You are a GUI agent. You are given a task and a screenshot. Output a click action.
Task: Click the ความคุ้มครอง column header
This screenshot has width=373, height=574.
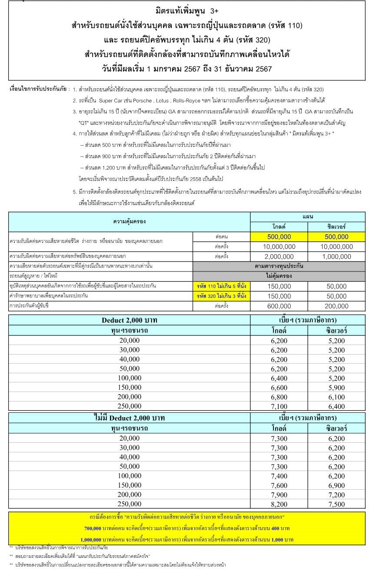tap(129, 221)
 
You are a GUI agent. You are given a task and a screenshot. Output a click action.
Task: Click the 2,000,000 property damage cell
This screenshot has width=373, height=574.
tap(279, 256)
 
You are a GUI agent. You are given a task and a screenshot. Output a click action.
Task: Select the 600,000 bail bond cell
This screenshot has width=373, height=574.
tap(279, 306)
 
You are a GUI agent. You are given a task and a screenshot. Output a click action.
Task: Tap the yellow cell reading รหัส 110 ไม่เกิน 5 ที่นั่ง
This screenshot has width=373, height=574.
tap(221, 285)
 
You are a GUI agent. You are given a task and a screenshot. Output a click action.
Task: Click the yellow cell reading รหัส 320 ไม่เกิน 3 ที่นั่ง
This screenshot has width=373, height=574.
tap(221, 296)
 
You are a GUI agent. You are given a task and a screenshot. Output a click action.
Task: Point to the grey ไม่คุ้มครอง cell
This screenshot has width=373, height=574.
tap(279, 275)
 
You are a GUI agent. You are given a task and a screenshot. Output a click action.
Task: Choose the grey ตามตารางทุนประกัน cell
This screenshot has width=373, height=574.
tap(279, 265)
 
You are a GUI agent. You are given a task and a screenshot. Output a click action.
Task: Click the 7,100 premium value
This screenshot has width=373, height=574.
tap(279, 406)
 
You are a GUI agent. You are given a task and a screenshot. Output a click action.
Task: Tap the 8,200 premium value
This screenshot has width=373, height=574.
tap(279, 504)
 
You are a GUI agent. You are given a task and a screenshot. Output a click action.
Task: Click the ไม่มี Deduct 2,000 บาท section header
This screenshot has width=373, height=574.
tap(129, 418)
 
